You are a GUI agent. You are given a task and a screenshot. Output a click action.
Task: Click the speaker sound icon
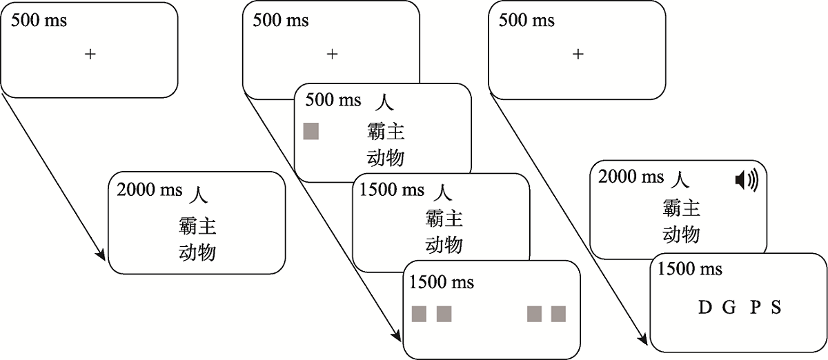[x=746, y=181]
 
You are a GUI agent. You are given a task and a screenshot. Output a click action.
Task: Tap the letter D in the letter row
[x=704, y=308]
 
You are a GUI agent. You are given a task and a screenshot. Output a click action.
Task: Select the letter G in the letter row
[x=729, y=308]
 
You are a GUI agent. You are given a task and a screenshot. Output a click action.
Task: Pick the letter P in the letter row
[x=755, y=308]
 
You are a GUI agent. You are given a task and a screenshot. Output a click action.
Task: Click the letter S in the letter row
[x=776, y=308]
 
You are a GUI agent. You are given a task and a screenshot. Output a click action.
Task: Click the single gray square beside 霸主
[x=311, y=132]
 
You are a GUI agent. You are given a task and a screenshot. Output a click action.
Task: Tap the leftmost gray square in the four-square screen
[x=420, y=314]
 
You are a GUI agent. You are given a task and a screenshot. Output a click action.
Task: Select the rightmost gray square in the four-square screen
[x=558, y=314]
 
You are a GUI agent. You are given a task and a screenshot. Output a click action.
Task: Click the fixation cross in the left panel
[x=90, y=53]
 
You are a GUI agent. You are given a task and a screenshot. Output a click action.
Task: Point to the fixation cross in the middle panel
[x=332, y=53]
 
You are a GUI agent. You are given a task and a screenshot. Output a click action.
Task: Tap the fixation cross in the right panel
[x=578, y=53]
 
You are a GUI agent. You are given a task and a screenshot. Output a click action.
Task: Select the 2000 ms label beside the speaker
[x=631, y=177]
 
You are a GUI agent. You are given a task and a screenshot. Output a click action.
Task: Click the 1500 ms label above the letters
[x=690, y=269]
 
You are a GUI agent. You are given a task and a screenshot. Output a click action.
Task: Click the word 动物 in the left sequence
[x=197, y=252]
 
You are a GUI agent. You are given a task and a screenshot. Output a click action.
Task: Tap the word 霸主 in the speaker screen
[x=682, y=208]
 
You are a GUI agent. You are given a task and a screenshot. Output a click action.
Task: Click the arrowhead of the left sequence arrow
[x=102, y=257]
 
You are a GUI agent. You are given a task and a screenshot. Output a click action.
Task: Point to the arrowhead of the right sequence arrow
[x=644, y=339]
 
